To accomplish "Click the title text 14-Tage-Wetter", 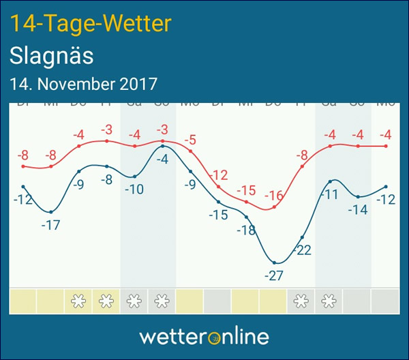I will [x=89, y=24].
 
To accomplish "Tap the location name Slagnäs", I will [x=52, y=56].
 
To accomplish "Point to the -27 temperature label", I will [x=275, y=276].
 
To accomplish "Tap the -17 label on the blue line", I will [x=50, y=225].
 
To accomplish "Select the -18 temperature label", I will [x=246, y=230].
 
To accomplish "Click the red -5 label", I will [x=190, y=140].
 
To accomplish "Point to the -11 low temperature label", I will [x=330, y=194].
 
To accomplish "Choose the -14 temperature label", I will [x=358, y=210].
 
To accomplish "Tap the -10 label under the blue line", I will [x=134, y=190].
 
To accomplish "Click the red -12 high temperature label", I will [x=219, y=174].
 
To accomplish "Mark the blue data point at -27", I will [x=275, y=262].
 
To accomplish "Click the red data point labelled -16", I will [x=275, y=207].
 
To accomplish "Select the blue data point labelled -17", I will [x=51, y=211].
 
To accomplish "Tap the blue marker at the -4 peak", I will [x=162, y=147].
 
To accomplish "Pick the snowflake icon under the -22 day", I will [x=302, y=300].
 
